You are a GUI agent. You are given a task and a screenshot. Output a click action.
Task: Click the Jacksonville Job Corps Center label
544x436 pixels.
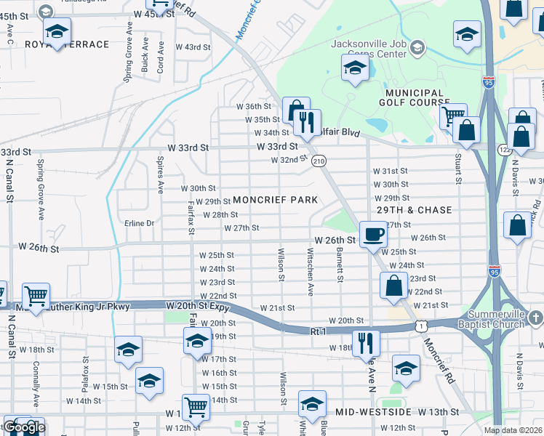pos(369,43)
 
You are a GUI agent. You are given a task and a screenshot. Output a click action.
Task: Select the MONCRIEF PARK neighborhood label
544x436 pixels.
pos(274,200)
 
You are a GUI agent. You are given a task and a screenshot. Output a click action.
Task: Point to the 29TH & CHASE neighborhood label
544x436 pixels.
pos(414,210)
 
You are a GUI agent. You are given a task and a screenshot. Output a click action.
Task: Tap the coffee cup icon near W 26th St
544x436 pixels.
pos(373,235)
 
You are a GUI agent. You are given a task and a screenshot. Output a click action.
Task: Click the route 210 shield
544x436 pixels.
pos(319,161)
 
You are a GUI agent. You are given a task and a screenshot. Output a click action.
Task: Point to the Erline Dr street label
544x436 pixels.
pos(139,223)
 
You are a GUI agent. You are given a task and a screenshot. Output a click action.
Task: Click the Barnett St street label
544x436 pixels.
pos(339,262)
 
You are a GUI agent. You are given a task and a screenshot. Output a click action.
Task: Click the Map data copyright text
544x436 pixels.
pos(513,430)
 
